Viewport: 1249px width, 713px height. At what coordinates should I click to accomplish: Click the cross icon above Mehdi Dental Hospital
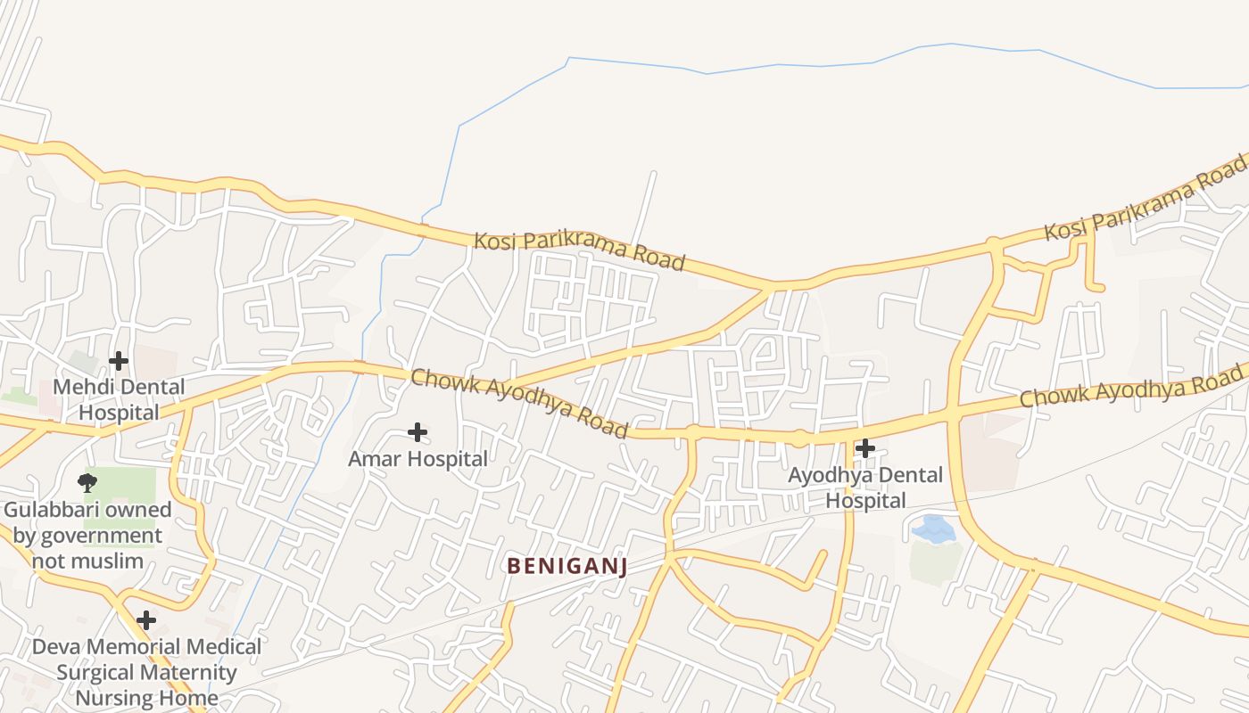pos(118,361)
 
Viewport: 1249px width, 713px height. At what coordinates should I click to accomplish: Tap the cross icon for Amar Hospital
pos(417,433)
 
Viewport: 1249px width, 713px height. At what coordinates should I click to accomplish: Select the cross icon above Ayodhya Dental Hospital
pos(864,448)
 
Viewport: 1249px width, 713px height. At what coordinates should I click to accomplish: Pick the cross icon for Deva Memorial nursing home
pos(146,620)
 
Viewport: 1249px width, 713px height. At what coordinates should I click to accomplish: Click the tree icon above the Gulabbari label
pos(87,484)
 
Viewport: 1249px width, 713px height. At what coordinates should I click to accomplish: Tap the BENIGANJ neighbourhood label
pos(567,566)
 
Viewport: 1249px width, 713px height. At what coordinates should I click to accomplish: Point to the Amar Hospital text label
pos(418,459)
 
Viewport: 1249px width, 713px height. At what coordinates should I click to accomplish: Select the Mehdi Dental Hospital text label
pos(119,399)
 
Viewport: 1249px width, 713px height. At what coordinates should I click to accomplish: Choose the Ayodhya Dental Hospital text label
pos(864,488)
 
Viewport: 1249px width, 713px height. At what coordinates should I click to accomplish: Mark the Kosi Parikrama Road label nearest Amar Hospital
pos(579,250)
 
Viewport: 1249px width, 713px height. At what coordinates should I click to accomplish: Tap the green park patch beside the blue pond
pos(935,562)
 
